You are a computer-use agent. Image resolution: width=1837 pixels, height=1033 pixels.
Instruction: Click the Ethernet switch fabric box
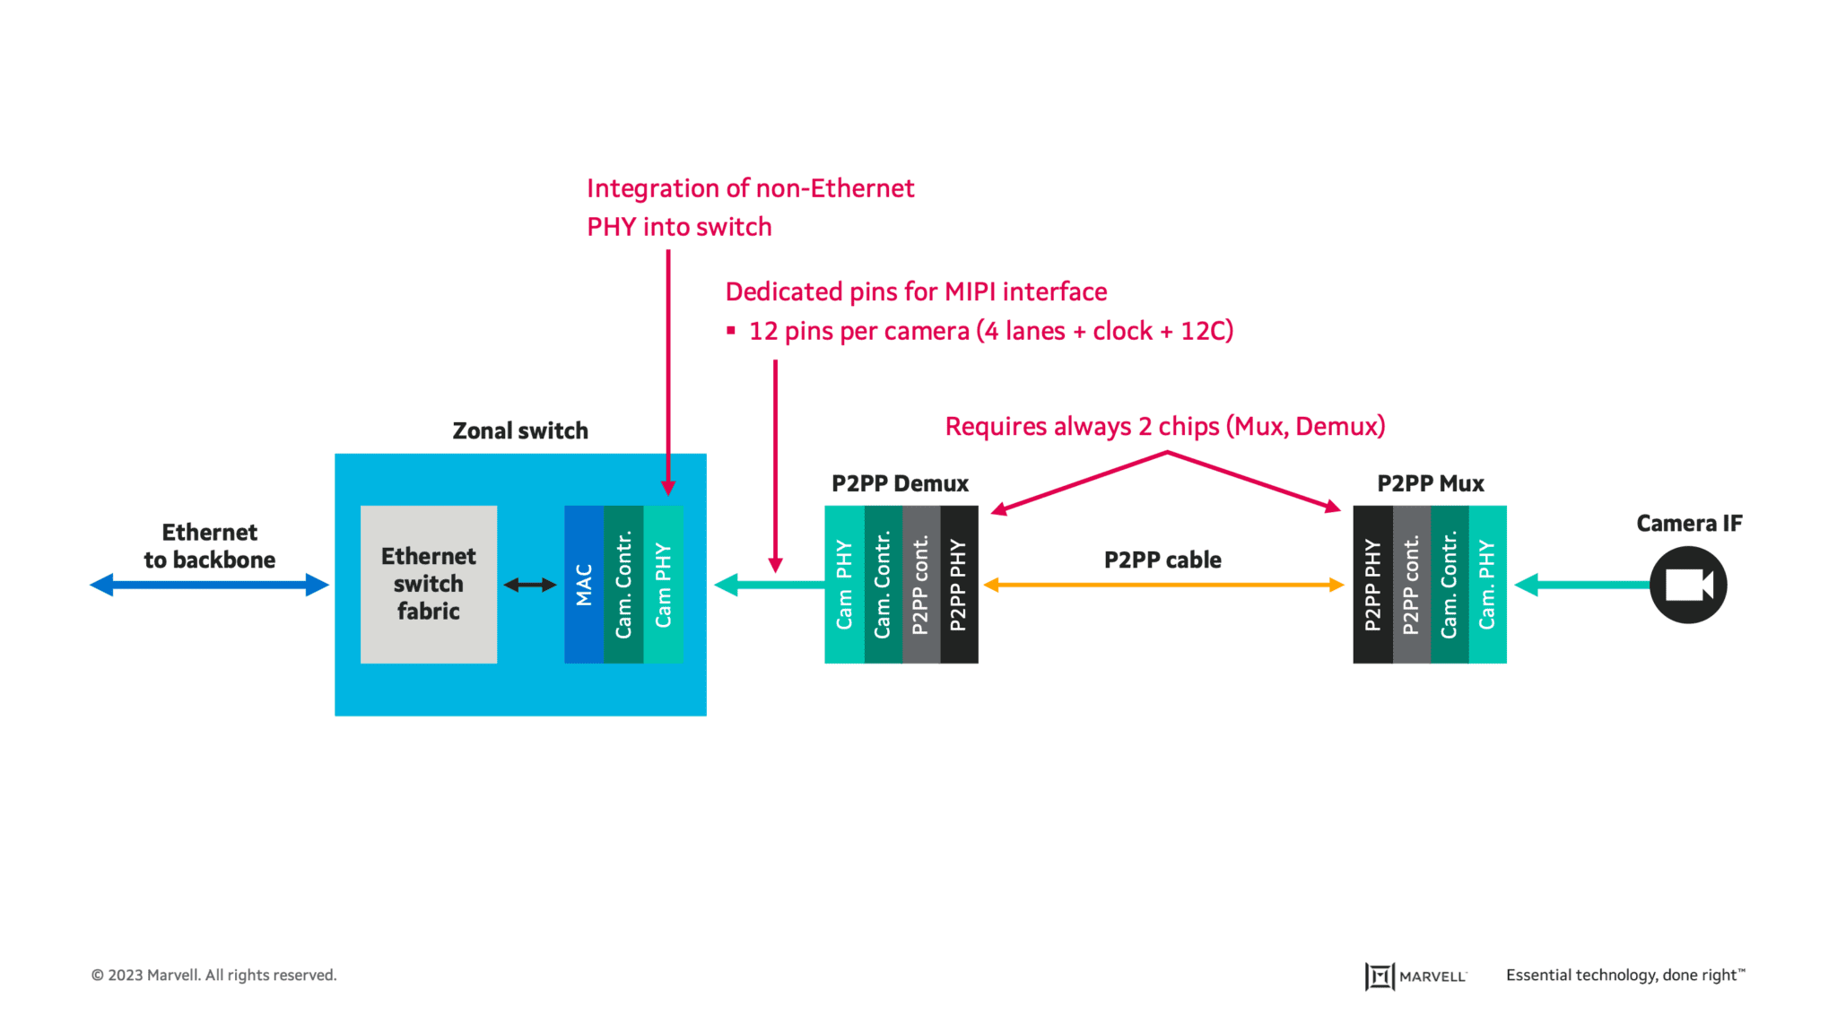[428, 584]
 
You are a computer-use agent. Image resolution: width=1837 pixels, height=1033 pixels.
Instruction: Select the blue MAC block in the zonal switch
[584, 584]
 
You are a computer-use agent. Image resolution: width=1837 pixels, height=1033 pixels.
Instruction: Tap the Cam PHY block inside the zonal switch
[663, 584]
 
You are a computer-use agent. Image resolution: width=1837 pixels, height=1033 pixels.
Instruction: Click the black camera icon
[1687, 585]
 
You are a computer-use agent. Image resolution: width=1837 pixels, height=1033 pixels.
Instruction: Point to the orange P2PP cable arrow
[1163, 585]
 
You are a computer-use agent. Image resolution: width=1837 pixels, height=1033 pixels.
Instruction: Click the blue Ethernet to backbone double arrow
[210, 585]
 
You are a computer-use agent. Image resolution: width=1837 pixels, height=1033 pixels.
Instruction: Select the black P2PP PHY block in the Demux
[958, 584]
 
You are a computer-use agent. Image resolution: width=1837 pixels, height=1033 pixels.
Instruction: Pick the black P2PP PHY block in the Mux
[1372, 584]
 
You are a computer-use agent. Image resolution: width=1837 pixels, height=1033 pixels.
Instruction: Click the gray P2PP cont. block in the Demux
[920, 584]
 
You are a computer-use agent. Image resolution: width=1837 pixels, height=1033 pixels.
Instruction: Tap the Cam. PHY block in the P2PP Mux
[1487, 584]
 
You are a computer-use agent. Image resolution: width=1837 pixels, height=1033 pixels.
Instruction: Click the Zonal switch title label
[520, 431]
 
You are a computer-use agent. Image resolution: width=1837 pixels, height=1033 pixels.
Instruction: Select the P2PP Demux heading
[900, 484]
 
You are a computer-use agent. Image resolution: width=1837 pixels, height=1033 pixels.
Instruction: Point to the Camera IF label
[1688, 524]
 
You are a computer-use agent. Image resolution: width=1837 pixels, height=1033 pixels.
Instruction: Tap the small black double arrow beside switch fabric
[530, 585]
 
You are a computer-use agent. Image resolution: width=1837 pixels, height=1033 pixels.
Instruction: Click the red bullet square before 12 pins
[731, 331]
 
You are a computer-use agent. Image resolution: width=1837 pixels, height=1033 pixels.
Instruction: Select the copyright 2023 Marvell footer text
[213, 975]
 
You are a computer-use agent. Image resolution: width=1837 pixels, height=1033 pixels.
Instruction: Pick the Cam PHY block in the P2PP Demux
[844, 584]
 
